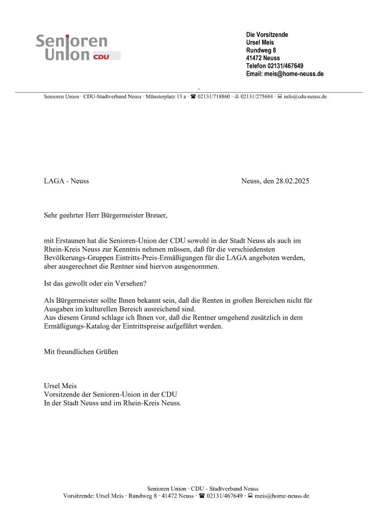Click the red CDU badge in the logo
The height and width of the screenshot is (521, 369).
tap(101, 56)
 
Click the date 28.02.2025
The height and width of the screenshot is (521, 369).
tap(292, 181)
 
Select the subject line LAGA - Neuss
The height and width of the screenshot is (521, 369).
tap(66, 181)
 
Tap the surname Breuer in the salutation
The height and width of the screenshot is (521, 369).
tap(155, 215)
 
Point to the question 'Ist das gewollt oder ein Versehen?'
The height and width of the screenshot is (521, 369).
tap(98, 283)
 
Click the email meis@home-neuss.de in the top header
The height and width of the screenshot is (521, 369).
tap(294, 74)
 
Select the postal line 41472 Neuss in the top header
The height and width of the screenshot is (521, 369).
tap(263, 58)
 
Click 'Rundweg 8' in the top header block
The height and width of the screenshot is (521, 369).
tap(261, 50)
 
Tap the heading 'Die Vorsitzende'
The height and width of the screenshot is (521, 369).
tap(267, 35)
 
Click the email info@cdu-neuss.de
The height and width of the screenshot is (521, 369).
tap(305, 96)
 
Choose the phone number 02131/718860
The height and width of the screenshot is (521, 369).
tap(214, 96)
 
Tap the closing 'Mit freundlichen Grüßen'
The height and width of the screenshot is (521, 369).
tap(81, 352)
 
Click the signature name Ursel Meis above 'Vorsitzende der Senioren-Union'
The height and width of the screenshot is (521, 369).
tap(60, 386)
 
